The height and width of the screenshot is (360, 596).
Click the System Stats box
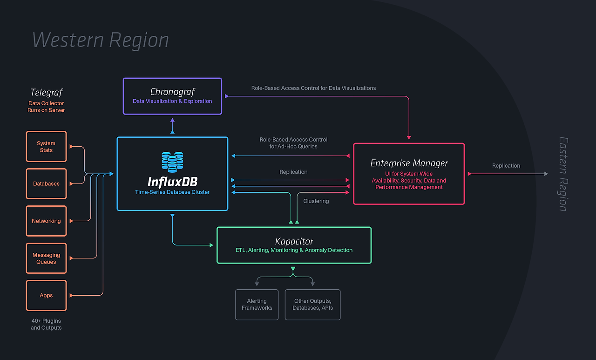[x=46, y=147]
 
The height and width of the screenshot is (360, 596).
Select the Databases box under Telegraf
[x=46, y=184]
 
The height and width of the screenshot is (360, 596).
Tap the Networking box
[x=46, y=221]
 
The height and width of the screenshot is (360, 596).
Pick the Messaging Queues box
[x=46, y=258]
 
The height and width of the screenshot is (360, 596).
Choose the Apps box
[x=46, y=296]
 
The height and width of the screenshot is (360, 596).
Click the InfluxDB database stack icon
[x=172, y=162]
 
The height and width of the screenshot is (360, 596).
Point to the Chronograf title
[x=172, y=92]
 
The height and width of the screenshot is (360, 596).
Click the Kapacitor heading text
[x=294, y=241]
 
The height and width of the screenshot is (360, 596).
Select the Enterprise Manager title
[x=409, y=163]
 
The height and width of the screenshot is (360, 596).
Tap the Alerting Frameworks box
[x=257, y=305]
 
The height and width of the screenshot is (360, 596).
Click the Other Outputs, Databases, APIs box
[x=312, y=305]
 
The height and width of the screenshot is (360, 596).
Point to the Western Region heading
[x=101, y=40]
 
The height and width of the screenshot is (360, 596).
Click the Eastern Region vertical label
[x=563, y=174]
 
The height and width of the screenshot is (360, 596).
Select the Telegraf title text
[x=46, y=92]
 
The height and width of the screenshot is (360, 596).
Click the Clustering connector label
[x=316, y=201]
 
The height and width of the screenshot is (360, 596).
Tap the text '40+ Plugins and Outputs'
[x=46, y=324]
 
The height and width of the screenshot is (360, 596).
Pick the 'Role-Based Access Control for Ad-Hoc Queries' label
[x=293, y=143]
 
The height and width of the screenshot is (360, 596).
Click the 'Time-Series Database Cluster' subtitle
[x=172, y=192]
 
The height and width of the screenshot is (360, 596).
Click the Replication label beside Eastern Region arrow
[x=506, y=166]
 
